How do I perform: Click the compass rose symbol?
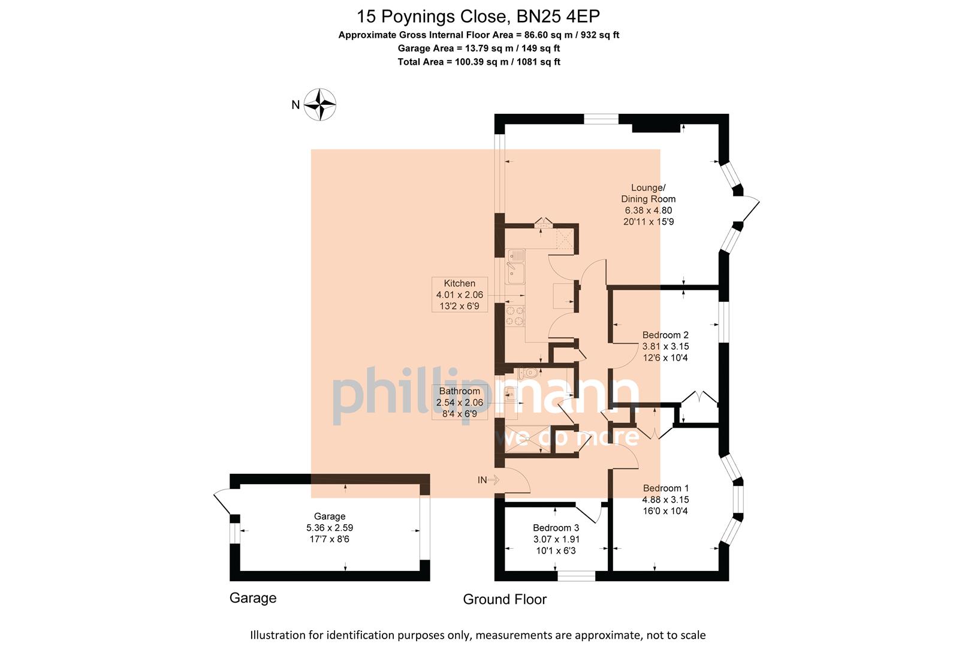coord(320,104)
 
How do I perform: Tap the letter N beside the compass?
coord(295,105)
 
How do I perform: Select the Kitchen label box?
coord(459,294)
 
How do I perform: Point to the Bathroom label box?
coord(459,403)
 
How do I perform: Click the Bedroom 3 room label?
coord(556,539)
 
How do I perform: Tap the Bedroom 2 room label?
coord(665,346)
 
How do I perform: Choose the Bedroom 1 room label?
coord(665,499)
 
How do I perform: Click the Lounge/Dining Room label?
coord(649,204)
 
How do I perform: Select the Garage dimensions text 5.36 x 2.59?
coord(330,528)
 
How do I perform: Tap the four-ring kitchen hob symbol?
coord(515,316)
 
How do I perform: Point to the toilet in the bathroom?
coord(528,372)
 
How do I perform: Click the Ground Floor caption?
coord(505,599)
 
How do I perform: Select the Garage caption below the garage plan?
coord(253,598)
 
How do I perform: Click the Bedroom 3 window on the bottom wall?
coord(576,576)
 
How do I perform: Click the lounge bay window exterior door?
coord(750,210)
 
